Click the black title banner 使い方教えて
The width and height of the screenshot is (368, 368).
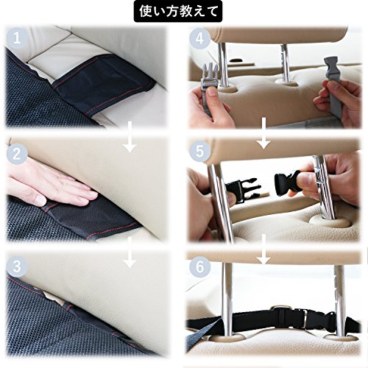(178, 11)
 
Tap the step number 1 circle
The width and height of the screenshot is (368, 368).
(17, 38)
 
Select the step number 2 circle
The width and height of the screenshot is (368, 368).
(17, 154)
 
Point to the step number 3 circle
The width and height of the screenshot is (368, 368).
(17, 266)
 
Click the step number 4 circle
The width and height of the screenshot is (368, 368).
(199, 38)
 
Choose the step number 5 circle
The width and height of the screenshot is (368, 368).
(199, 151)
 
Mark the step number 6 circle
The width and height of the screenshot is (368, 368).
(199, 266)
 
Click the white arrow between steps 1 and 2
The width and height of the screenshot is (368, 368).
(130, 136)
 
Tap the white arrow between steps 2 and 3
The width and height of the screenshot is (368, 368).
(130, 252)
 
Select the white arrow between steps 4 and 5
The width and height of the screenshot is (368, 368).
(263, 133)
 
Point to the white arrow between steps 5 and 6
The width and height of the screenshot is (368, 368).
(263, 249)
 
